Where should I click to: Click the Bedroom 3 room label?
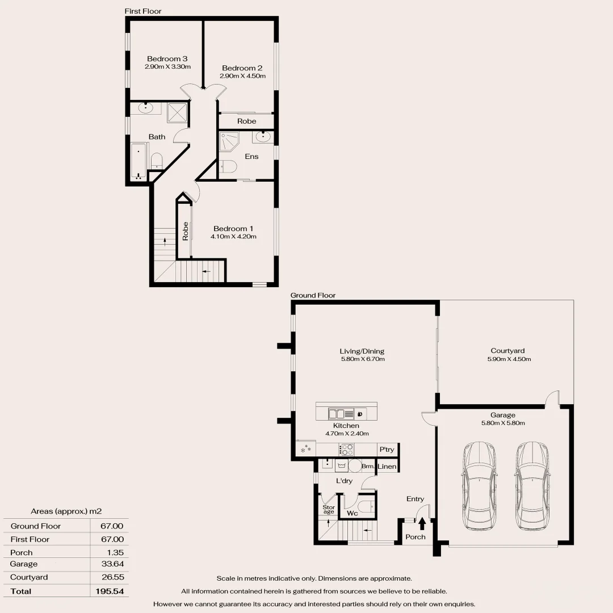click(167, 59)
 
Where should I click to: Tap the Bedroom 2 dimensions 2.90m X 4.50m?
click(243, 76)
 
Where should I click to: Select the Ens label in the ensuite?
click(251, 157)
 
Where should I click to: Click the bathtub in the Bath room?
click(138, 162)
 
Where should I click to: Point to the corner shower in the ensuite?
click(230, 141)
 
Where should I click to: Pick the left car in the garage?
click(480, 485)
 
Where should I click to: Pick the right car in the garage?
click(532, 485)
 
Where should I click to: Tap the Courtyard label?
click(507, 351)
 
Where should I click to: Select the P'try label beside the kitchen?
click(387, 450)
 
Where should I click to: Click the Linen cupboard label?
click(387, 467)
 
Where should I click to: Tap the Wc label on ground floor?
click(352, 514)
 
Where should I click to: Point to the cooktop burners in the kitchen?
click(346, 449)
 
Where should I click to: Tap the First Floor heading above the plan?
click(143, 11)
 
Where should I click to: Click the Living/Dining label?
click(362, 351)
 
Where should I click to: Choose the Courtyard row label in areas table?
click(29, 577)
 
